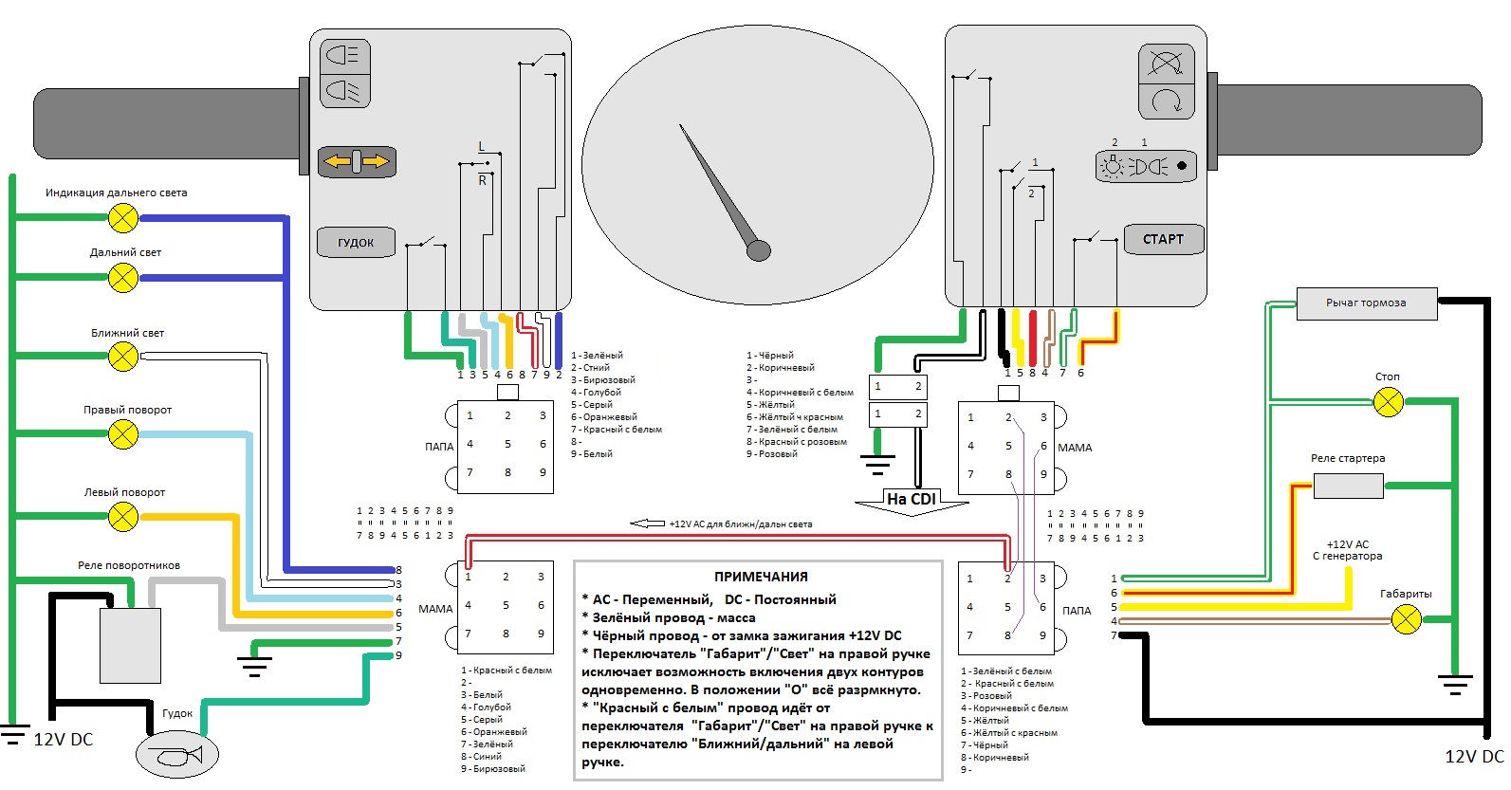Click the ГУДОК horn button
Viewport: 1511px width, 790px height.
[356, 242]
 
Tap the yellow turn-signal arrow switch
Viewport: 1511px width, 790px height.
[356, 162]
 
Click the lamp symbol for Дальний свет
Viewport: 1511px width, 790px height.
[123, 278]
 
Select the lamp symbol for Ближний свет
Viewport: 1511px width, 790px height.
[123, 357]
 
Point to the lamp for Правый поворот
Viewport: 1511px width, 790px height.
[123, 434]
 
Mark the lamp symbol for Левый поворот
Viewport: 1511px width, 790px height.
[123, 517]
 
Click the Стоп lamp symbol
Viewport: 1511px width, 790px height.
[1389, 403]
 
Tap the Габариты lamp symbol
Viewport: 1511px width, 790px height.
[1406, 620]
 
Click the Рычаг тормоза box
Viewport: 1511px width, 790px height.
[1367, 303]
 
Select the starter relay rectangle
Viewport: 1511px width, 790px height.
[1348, 487]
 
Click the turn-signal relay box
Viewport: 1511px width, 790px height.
[130, 645]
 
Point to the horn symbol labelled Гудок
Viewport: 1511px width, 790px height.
[177, 756]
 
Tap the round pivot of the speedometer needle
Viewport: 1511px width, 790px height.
[759, 250]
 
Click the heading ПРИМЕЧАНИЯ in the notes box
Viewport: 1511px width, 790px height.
[761, 577]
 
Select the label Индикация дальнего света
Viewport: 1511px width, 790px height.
[116, 193]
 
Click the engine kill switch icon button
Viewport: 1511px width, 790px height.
[1166, 64]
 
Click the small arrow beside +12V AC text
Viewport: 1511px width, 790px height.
[648, 524]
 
